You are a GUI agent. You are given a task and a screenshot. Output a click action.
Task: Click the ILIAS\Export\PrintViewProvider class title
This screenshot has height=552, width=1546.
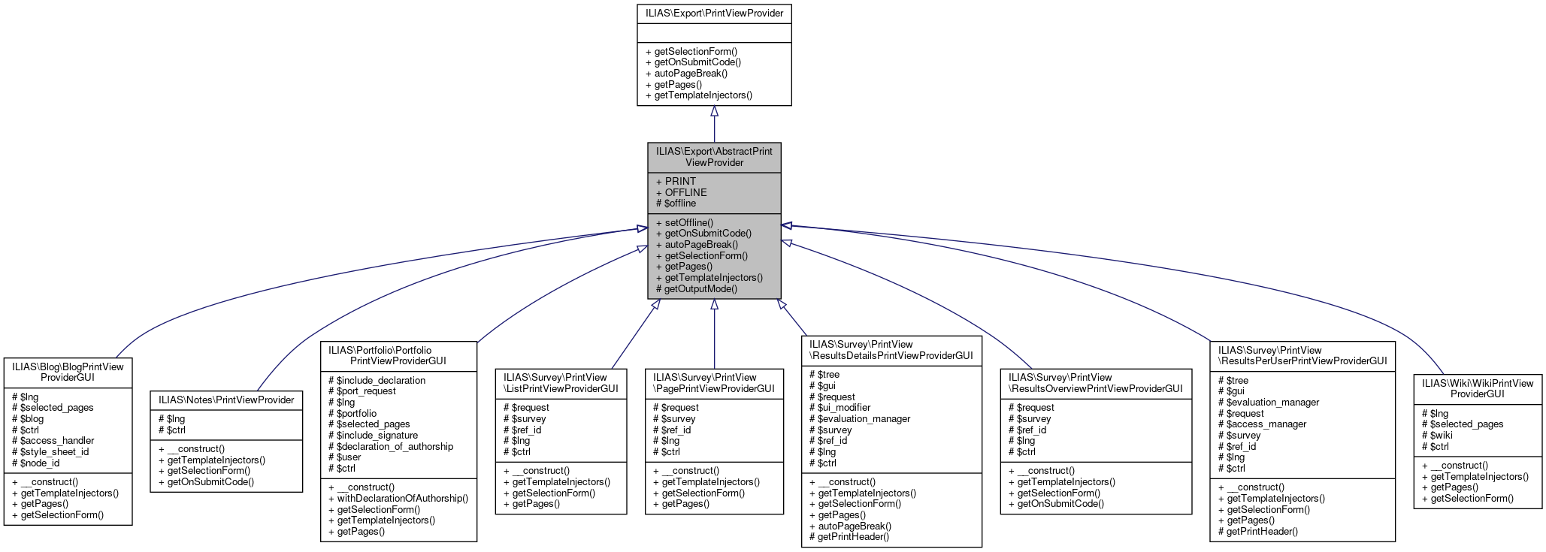[714, 13]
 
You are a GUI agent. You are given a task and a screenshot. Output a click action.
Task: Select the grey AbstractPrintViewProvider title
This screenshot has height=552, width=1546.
[714, 156]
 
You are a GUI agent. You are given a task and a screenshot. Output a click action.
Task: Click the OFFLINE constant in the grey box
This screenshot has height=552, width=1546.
[685, 192]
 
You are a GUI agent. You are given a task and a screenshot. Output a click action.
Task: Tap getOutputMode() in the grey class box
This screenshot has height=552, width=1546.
[700, 288]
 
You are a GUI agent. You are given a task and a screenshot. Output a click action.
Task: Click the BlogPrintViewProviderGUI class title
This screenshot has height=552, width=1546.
[68, 372]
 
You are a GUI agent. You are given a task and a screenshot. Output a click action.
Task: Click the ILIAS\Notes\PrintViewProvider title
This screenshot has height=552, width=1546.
[226, 400]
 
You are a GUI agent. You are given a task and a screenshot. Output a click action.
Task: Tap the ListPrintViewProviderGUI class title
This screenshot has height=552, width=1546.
[561, 382]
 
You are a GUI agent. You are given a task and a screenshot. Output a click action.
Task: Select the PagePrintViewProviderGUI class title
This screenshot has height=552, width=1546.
[714, 382]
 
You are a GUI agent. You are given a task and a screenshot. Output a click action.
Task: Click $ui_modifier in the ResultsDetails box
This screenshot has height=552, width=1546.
[843, 407]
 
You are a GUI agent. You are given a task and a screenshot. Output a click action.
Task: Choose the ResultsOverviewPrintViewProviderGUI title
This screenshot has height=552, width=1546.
[1095, 382]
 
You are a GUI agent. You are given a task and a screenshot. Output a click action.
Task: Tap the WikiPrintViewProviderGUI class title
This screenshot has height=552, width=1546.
[1477, 388]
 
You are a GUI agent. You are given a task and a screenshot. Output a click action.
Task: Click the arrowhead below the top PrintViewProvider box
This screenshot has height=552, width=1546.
[714, 111]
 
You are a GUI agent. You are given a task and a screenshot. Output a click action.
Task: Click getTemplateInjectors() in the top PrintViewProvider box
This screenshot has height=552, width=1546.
[703, 95]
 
